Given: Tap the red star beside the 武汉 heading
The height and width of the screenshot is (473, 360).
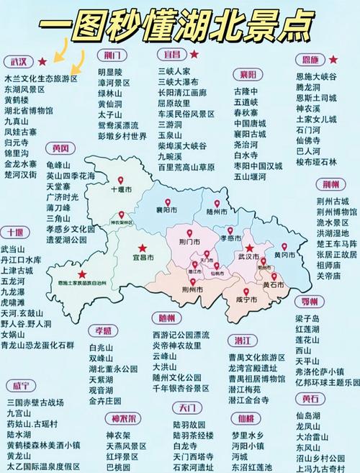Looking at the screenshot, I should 42,61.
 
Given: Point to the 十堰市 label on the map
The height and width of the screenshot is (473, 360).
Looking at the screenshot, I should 122,189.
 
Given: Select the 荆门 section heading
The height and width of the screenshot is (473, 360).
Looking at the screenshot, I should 112,55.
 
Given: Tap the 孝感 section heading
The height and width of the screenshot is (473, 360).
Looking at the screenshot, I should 103,330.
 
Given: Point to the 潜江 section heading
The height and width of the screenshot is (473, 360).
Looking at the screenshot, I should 241,340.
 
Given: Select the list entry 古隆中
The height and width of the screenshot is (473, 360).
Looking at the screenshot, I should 246,92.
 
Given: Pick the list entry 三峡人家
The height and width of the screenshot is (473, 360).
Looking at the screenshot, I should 174,72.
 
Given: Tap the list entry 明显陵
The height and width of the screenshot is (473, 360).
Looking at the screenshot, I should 110,72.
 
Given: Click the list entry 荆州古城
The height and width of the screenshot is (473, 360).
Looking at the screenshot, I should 333,202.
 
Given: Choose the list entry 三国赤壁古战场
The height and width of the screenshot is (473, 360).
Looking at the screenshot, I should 35,402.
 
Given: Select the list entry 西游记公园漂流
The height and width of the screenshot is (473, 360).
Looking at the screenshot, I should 181,335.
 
